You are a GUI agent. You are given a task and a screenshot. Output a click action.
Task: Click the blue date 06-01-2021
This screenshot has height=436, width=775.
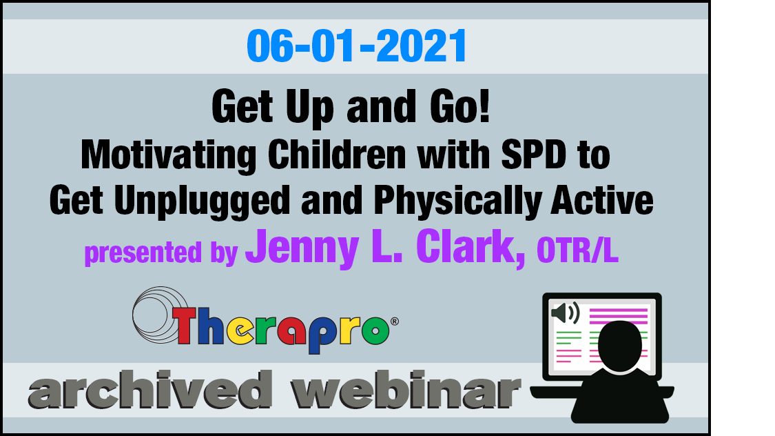tap(356, 46)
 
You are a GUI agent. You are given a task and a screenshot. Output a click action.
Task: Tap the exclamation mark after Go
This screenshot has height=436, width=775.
tap(484, 106)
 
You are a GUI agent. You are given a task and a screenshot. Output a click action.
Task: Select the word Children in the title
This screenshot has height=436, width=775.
tap(337, 155)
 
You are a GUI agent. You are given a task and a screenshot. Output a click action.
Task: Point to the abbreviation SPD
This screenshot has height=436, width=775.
tap(533, 155)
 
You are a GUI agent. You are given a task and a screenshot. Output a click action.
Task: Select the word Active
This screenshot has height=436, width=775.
tap(602, 200)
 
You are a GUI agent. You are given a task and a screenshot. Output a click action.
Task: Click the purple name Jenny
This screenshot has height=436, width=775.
tap(302, 248)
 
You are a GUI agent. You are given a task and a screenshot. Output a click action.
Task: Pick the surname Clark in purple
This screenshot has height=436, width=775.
tap(471, 247)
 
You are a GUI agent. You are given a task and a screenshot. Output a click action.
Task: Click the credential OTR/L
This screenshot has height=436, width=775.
tap(577, 250)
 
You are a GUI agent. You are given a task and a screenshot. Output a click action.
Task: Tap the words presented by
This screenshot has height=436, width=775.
tap(161, 252)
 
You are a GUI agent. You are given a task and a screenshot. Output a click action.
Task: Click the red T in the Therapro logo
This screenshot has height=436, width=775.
tap(185, 325)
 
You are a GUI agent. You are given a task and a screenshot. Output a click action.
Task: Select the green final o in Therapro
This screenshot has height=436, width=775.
tap(375, 330)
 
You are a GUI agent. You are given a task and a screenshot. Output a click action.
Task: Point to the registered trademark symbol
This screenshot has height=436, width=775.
tap(395, 321)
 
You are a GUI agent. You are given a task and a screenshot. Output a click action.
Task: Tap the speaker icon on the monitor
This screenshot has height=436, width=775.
tap(565, 313)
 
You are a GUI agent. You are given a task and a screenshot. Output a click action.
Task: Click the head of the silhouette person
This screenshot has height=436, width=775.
tap(620, 346)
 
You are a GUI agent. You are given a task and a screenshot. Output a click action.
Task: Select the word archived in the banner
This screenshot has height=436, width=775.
tap(150, 390)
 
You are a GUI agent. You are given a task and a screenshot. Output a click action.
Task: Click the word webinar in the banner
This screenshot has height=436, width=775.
tap(406, 390)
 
